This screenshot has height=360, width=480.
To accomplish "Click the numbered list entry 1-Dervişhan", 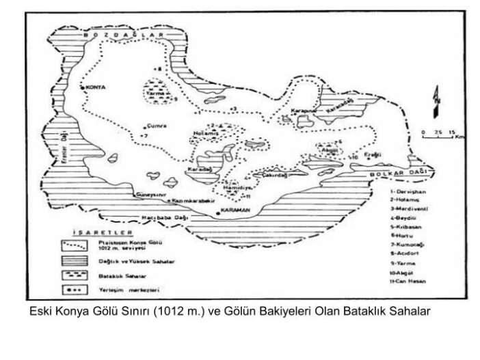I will [404, 195].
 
